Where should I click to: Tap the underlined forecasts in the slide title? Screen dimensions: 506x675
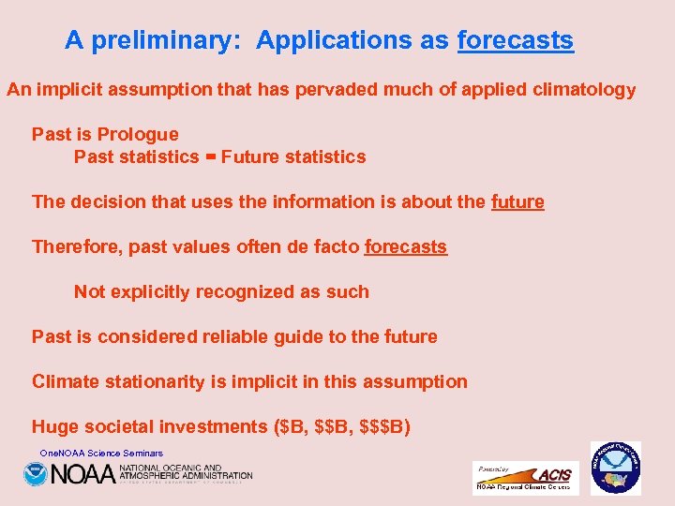tap(515, 41)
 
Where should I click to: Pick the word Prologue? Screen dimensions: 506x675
tap(137, 134)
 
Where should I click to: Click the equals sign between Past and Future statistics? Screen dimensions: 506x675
tap(210, 157)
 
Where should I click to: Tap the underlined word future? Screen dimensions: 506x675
tap(517, 201)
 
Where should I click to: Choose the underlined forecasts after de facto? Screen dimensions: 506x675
tap(406, 246)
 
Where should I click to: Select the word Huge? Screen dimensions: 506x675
tap(54, 426)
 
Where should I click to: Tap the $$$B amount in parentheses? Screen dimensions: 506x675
tap(384, 426)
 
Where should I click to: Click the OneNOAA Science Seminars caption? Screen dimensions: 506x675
tap(101, 454)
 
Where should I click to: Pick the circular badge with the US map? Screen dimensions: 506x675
tap(615, 469)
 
